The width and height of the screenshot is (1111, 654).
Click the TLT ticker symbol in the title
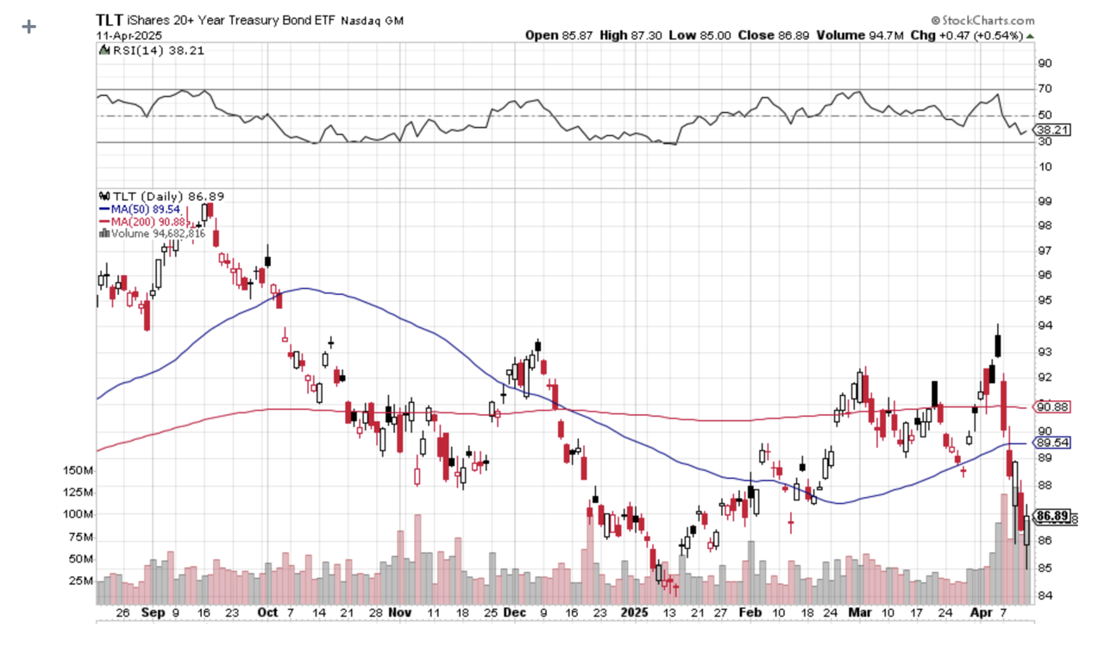tap(109, 20)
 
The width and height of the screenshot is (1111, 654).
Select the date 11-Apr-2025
tap(126, 35)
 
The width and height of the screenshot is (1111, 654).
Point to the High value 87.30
tap(640, 35)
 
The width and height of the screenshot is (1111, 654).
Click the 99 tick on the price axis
tap(1044, 201)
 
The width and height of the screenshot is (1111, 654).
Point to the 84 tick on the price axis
tap(1044, 595)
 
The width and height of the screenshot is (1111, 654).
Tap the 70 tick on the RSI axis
tap(1044, 89)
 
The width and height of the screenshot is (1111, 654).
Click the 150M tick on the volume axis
tap(78, 471)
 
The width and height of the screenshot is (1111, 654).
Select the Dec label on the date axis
tap(515, 612)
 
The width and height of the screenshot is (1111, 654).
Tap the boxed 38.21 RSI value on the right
tap(1053, 129)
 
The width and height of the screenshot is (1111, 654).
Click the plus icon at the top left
tap(29, 27)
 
